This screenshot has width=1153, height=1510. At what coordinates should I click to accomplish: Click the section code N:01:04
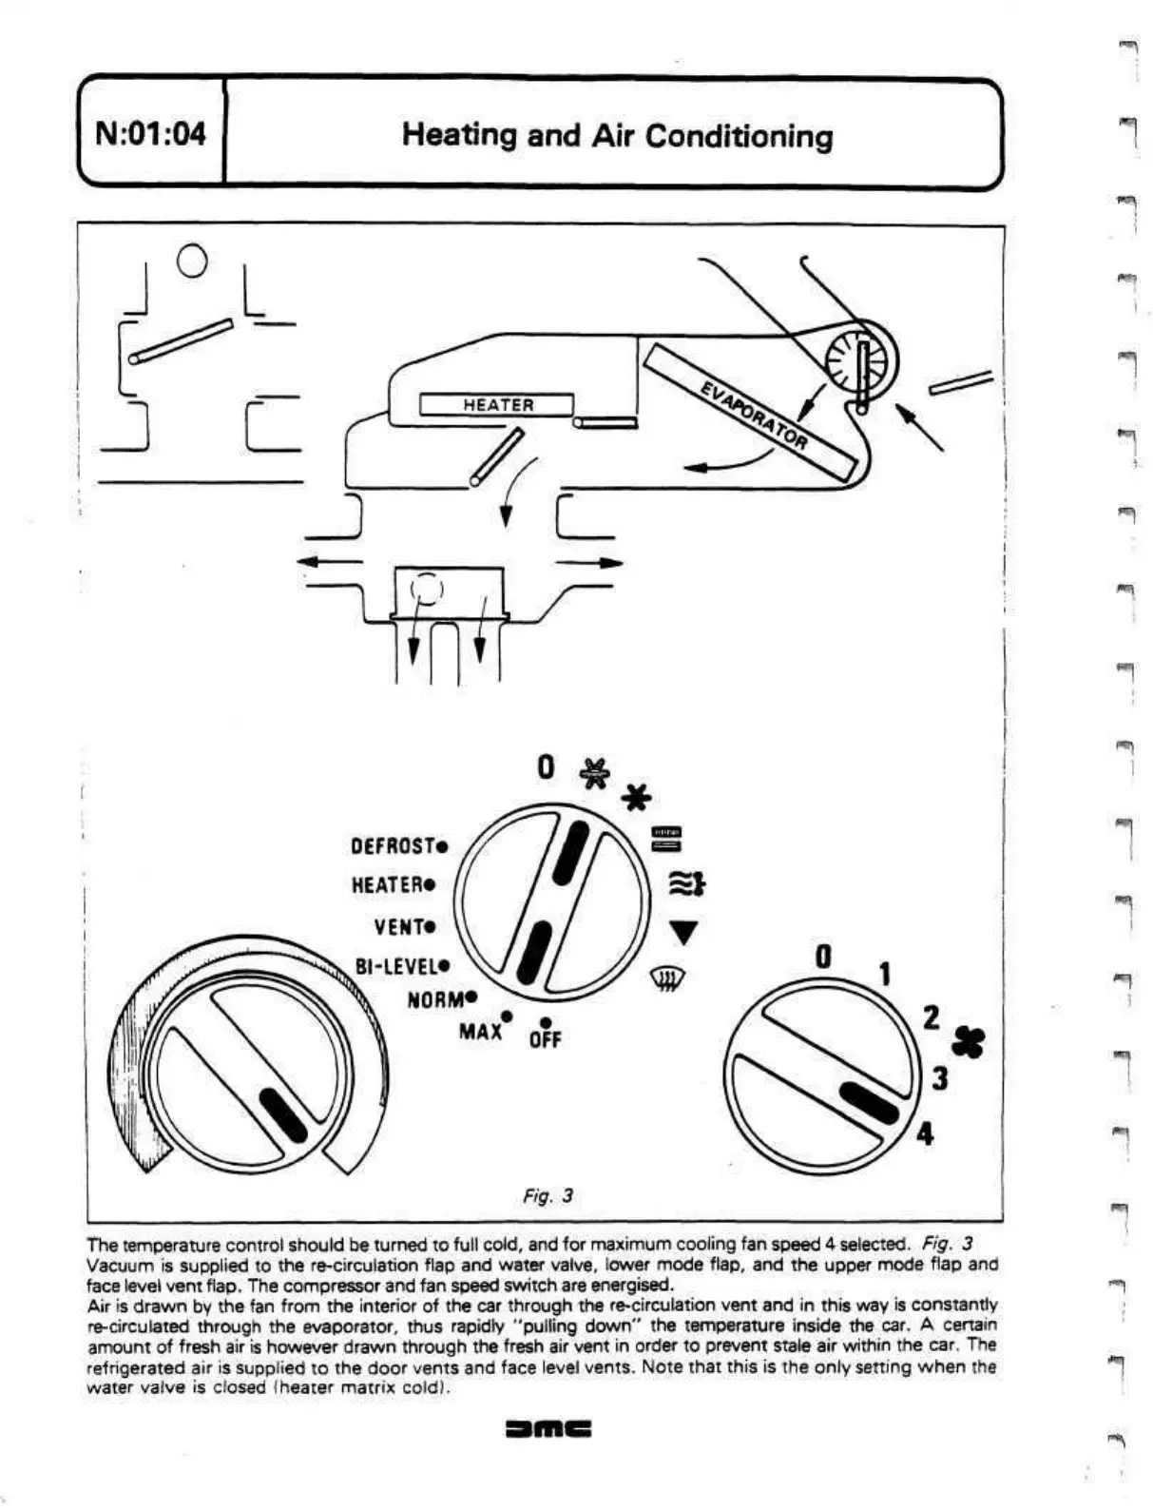151,134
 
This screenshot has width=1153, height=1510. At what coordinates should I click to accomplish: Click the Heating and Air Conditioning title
617,135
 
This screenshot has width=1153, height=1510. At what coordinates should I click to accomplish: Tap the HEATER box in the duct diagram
497,405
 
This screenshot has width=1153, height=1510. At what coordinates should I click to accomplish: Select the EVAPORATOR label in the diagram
754,415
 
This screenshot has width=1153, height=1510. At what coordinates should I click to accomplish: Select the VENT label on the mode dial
405,925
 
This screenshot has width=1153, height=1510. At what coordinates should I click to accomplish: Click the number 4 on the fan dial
923,1134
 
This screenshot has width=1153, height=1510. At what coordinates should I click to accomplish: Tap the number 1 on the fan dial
884,975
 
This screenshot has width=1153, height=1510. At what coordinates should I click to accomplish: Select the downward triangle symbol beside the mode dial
683,933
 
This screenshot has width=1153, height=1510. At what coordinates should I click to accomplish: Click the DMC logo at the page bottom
548,1428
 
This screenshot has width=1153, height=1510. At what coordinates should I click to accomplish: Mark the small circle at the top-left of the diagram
192,259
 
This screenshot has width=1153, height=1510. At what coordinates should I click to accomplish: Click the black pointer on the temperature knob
283,1114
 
